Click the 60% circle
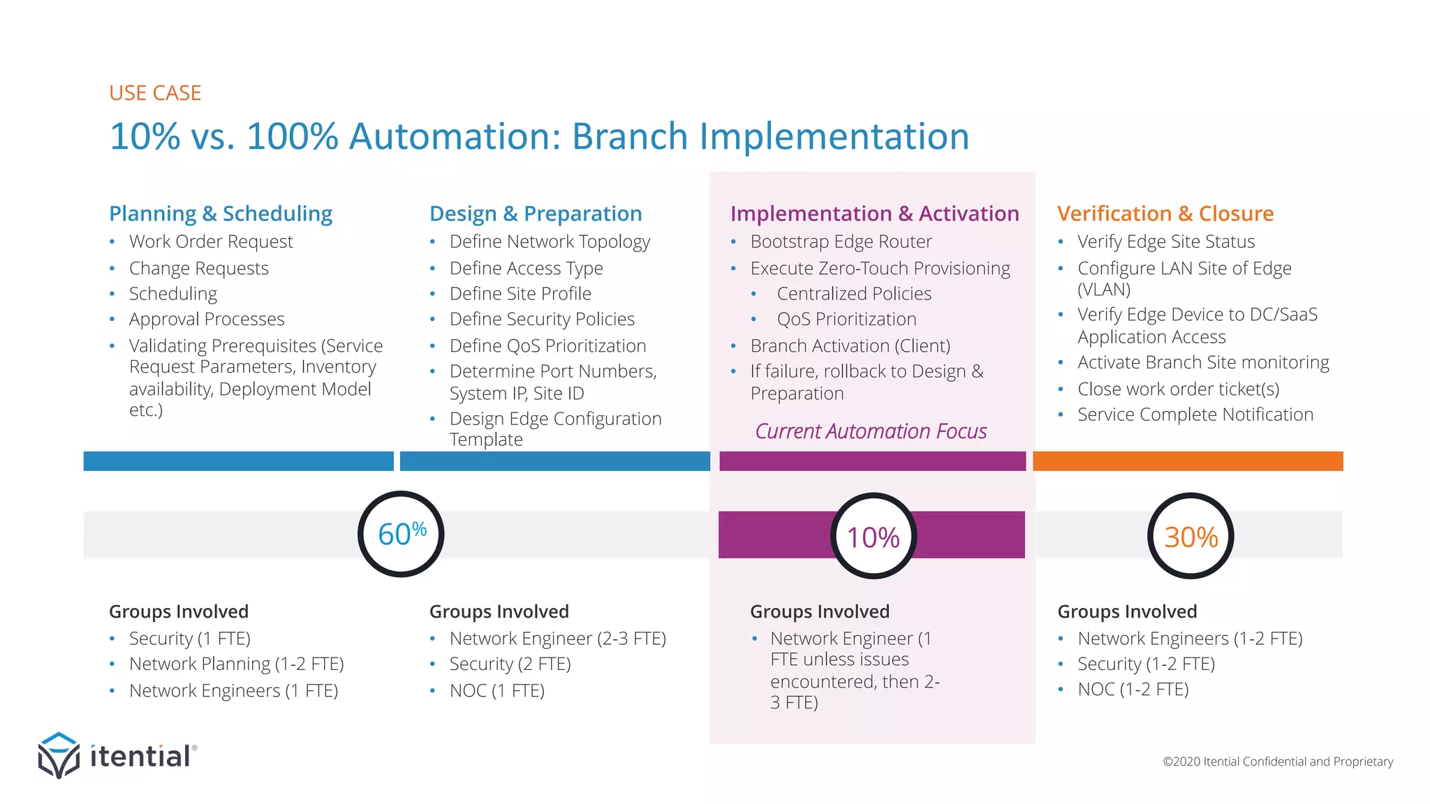401,534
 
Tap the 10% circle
873,536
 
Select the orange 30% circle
1191,536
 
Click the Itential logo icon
59,754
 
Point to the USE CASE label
155,93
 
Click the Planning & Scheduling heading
221,214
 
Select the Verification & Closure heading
1165,214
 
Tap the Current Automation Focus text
871,431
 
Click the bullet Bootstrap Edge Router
841,241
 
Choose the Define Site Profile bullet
520,294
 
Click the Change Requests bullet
199,268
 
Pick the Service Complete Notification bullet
1195,415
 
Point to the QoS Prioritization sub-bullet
846,319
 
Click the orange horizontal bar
1187,461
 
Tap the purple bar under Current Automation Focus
872,461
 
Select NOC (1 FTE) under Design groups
496,690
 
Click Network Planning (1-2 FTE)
236,664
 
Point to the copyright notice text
1277,761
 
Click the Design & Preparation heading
536,214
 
